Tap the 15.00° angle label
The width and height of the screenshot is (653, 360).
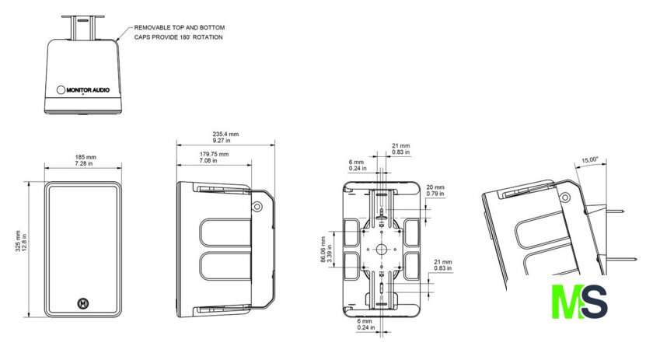point(590,160)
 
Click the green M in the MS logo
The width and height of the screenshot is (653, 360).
point(567,302)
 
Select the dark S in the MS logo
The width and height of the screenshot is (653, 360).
point(595,302)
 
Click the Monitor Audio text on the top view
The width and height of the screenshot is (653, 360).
point(88,89)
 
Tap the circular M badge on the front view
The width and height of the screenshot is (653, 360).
point(84,304)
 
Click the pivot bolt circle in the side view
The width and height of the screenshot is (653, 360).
point(257,206)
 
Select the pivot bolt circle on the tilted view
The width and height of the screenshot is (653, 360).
point(564,197)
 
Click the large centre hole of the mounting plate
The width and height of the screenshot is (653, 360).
point(382,249)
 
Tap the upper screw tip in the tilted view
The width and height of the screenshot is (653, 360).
point(623,211)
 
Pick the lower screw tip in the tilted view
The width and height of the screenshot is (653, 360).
point(636,260)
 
